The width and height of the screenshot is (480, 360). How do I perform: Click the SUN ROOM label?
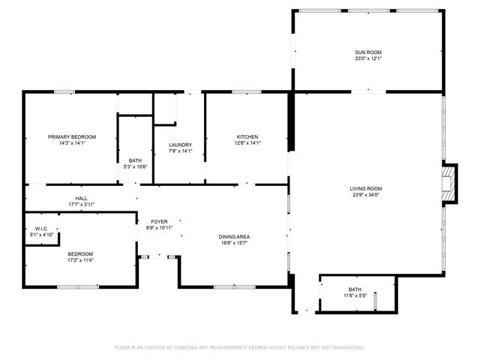point(368,52)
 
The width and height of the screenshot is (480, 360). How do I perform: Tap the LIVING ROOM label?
point(366,188)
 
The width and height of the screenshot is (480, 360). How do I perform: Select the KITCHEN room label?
point(247,136)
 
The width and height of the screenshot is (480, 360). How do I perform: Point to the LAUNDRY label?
point(180,145)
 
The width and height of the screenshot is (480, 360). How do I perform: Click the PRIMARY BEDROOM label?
point(72,136)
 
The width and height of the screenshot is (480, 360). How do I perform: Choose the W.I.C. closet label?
point(41,229)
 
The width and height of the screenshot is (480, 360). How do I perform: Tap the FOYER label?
point(159,221)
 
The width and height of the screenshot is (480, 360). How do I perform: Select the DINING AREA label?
point(234,236)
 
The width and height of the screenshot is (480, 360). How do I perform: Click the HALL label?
point(81,198)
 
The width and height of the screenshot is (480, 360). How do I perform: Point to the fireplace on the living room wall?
point(448,184)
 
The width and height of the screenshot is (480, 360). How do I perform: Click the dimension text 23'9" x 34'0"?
point(366,195)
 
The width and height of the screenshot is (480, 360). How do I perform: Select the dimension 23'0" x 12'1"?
point(368,59)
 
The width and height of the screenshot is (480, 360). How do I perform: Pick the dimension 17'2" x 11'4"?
point(80,260)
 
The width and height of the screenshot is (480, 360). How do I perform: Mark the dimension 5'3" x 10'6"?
point(135,166)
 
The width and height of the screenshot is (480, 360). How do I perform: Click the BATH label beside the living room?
point(354,289)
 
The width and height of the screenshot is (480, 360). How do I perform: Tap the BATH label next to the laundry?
point(135,160)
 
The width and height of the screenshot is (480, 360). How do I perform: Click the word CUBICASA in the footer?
point(187,347)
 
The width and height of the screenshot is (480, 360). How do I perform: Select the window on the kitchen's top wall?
point(245,92)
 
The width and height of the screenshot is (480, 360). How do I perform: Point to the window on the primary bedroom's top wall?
point(64,92)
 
